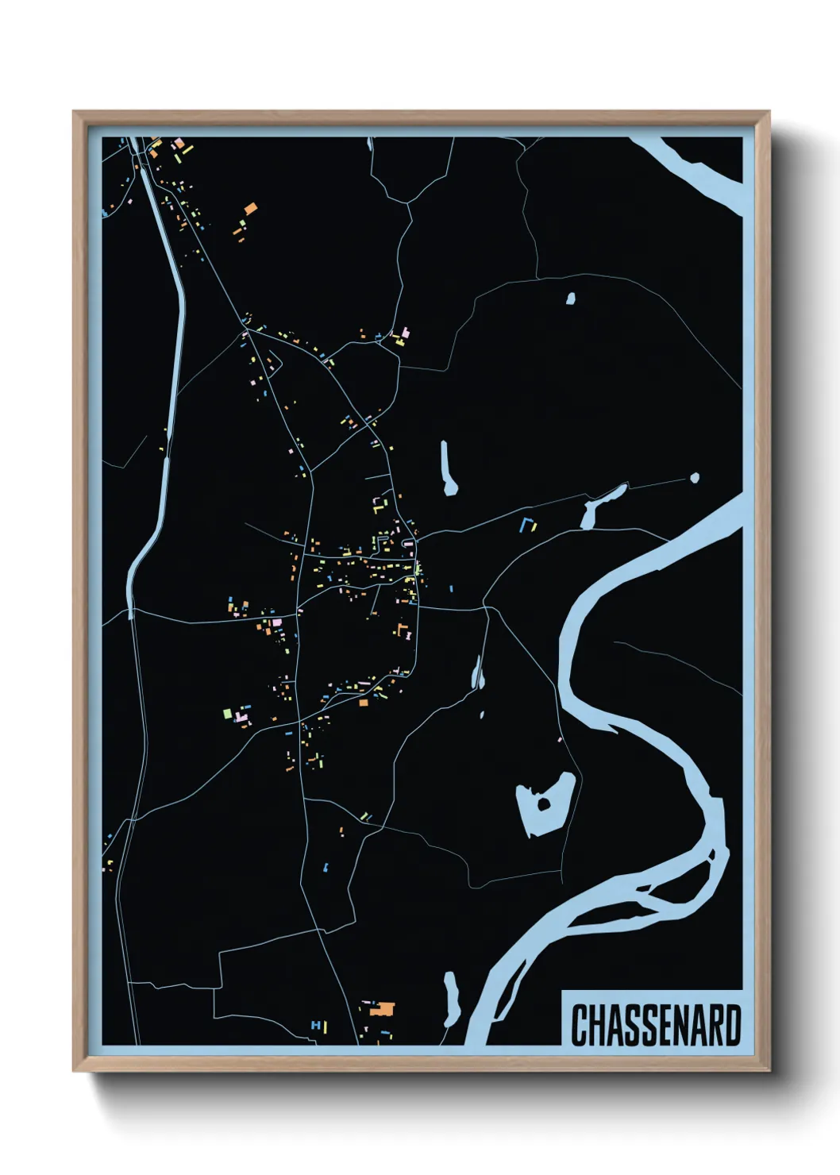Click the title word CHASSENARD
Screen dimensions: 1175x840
[656, 1026]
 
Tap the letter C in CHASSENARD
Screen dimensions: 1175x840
[579, 1026]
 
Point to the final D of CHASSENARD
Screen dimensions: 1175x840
[732, 1026]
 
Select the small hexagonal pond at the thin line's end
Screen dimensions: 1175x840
[695, 478]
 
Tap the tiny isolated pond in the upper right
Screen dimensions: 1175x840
[570, 299]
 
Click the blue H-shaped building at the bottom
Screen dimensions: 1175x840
[315, 1026]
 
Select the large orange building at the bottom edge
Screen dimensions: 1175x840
[385, 1009]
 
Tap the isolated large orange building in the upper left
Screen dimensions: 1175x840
[250, 209]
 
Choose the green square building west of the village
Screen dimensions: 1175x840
[227, 713]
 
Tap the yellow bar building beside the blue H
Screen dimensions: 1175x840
[326, 1027]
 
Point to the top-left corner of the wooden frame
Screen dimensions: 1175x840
[75, 113]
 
